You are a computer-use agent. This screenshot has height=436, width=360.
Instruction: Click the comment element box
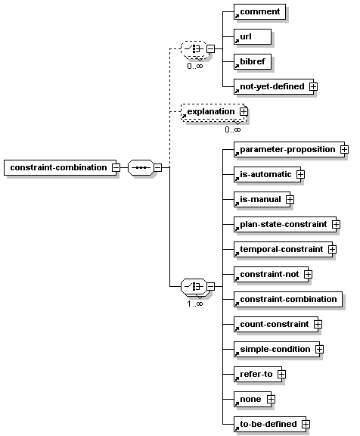[259, 11]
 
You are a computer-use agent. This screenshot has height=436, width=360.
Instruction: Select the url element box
[253, 36]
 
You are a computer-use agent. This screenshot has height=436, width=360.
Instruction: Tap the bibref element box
[253, 62]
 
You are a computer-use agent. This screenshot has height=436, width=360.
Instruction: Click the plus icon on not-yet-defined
[314, 87]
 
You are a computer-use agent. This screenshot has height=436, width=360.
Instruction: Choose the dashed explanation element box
[213, 112]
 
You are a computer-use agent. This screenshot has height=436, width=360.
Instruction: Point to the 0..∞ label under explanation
[233, 129]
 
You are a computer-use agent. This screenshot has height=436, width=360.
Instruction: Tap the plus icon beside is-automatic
[300, 175]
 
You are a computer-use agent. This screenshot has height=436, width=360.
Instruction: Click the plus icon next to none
[271, 400]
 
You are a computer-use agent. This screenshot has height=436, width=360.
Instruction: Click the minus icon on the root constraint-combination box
[116, 168]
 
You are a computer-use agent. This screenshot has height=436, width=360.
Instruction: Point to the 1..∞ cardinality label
[195, 304]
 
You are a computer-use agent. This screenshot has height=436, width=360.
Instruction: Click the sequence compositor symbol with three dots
[141, 168]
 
